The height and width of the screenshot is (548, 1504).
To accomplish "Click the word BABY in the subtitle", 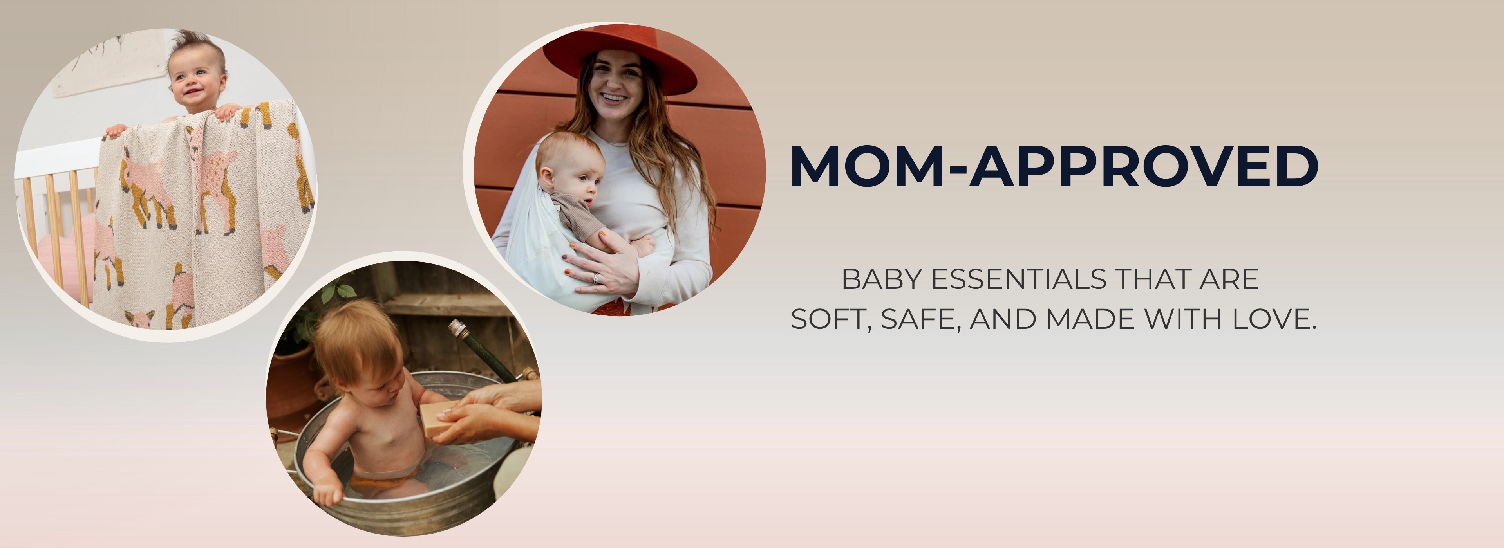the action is [882, 279].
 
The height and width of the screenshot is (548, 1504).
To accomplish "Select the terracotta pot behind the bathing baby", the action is [292, 379].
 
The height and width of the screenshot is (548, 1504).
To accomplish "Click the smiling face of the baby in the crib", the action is [197, 82].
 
